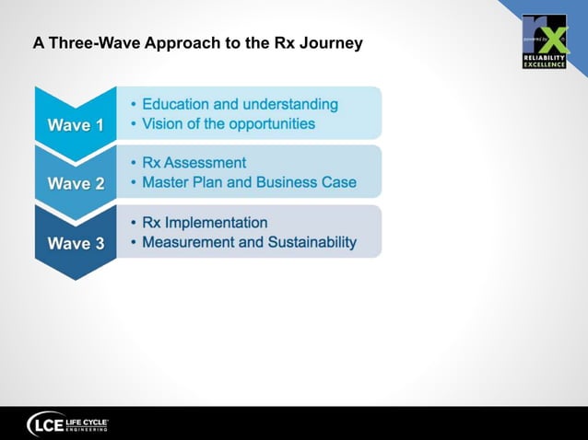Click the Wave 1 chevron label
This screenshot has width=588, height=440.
pyautogui.click(x=76, y=125)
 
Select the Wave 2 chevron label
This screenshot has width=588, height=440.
pyautogui.click(x=76, y=183)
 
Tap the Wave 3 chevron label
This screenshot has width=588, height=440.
pyautogui.click(x=76, y=244)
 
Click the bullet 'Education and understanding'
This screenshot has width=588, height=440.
pyautogui.click(x=240, y=105)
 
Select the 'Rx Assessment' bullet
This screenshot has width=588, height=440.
pyautogui.click(x=194, y=164)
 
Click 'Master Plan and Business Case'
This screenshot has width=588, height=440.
pyautogui.click(x=249, y=182)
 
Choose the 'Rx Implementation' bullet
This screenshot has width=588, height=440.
pyautogui.click(x=205, y=223)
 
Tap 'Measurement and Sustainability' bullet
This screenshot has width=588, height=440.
pyautogui.click(x=249, y=242)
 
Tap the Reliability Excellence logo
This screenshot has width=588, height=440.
pyautogui.click(x=544, y=41)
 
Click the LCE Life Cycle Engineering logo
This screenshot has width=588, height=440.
pyautogui.click(x=69, y=423)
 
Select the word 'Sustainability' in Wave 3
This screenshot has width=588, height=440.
pyautogui.click(x=310, y=242)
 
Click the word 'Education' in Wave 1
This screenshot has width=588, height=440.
pyautogui.click(x=177, y=105)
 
